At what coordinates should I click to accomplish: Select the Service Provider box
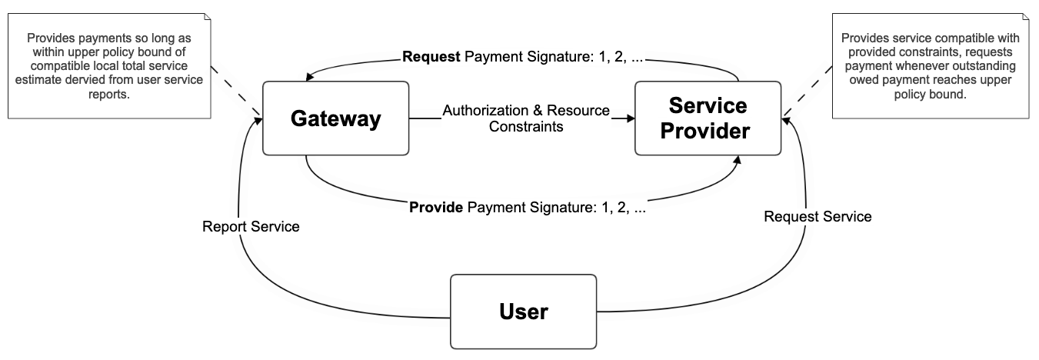pyautogui.click(x=708, y=118)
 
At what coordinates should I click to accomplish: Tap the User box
pyautogui.click(x=523, y=312)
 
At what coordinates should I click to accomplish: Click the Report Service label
pyautogui.click(x=251, y=227)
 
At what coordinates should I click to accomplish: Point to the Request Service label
pyautogui.click(x=818, y=217)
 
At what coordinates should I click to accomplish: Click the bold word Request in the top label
pyautogui.click(x=431, y=57)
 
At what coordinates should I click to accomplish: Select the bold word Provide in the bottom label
pyautogui.click(x=436, y=207)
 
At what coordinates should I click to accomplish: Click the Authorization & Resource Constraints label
pyautogui.click(x=526, y=118)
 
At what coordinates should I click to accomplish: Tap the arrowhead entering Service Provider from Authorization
pyautogui.click(x=630, y=118)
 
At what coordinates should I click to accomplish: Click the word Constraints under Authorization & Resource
pyautogui.click(x=526, y=127)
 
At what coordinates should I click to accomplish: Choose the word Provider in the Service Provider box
pyautogui.click(x=708, y=131)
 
